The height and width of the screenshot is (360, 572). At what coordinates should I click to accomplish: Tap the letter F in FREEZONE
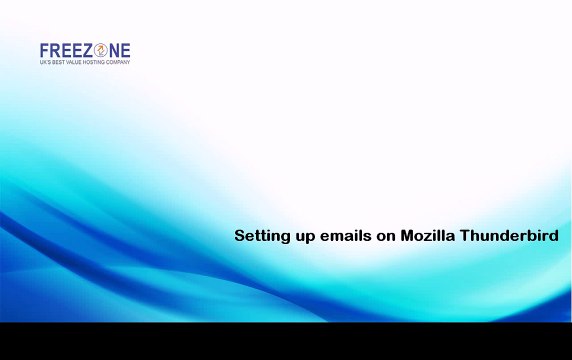coord(45,50)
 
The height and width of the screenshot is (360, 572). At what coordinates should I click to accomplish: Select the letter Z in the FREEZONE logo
coord(86,50)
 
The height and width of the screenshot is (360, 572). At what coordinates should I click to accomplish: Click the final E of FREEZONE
coord(125,50)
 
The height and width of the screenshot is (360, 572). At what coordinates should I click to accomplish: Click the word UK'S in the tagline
coord(46,62)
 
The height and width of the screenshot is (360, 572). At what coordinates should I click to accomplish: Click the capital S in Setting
coord(239,237)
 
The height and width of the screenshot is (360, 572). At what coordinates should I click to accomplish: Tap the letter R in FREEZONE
coord(56,50)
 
